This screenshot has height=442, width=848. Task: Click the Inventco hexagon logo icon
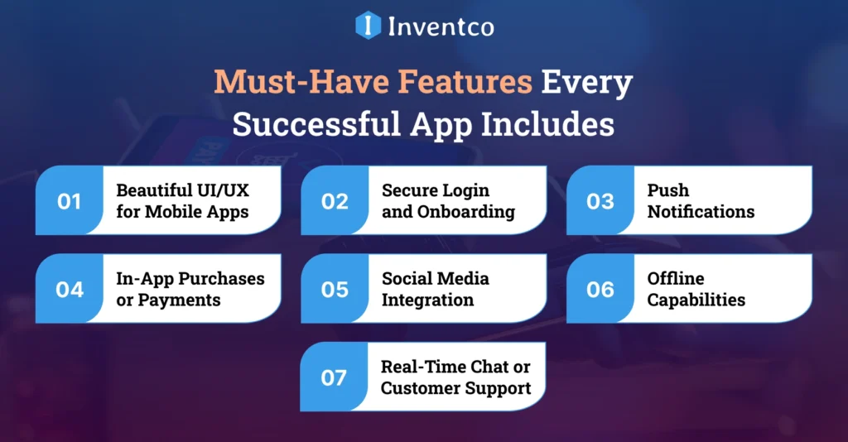click(x=368, y=25)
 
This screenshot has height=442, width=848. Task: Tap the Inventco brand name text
click(x=441, y=26)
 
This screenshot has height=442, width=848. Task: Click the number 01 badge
click(x=70, y=201)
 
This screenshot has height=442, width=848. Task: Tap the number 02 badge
click(x=335, y=201)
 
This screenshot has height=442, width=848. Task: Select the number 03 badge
click(x=600, y=201)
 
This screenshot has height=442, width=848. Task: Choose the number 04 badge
click(x=70, y=290)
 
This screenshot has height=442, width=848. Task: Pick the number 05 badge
click(x=335, y=290)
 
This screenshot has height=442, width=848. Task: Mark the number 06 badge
click(x=600, y=290)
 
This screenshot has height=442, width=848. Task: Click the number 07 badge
click(x=334, y=377)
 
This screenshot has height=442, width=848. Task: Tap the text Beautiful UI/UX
click(x=182, y=190)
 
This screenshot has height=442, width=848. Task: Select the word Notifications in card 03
click(x=701, y=212)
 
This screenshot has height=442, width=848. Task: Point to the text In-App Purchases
click(x=190, y=279)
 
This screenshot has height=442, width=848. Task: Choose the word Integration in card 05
click(x=427, y=300)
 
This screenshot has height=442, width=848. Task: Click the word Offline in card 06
click(x=676, y=279)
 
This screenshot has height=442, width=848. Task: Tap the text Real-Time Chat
click(x=455, y=367)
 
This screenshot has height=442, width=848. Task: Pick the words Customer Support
click(x=455, y=387)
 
